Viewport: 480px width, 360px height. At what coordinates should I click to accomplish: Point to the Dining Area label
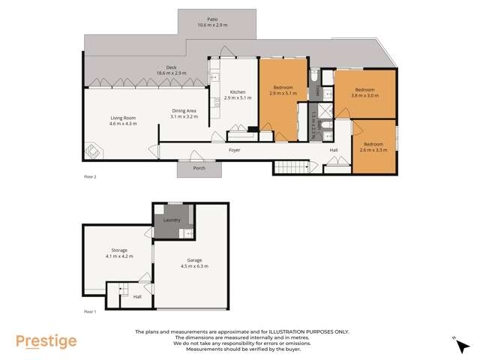click(x=184, y=112)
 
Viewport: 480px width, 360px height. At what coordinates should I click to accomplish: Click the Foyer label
click(x=234, y=150)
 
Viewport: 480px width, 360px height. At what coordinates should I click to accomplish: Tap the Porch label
click(x=199, y=168)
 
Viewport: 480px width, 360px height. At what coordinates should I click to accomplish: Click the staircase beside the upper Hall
click(x=291, y=167)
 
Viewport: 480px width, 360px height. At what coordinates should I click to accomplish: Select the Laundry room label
click(x=172, y=220)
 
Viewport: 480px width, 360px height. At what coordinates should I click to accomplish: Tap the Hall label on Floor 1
click(x=137, y=296)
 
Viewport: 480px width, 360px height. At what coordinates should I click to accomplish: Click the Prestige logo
click(x=46, y=341)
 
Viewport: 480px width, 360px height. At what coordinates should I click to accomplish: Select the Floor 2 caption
click(x=90, y=177)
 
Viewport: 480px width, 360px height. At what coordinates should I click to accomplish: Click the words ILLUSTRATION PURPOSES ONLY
click(x=307, y=331)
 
